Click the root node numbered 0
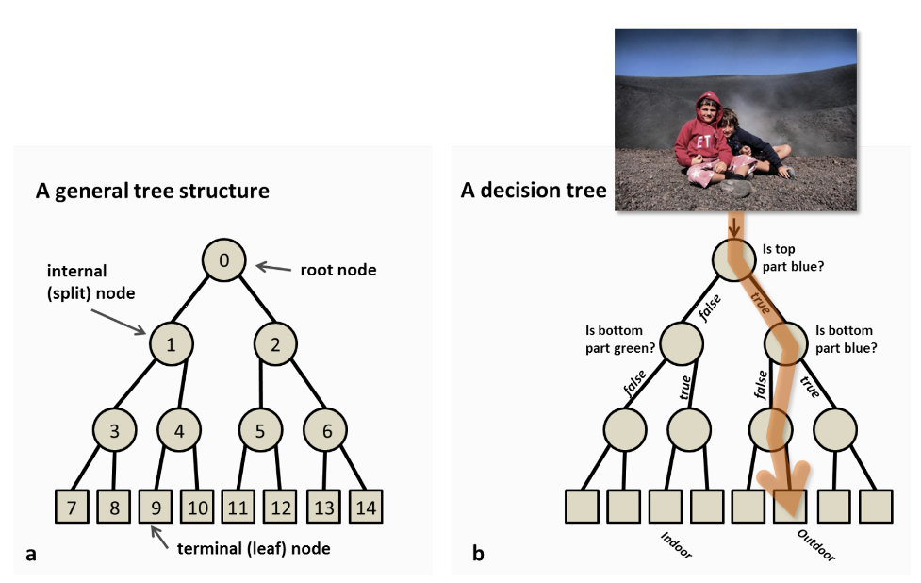(x=223, y=259)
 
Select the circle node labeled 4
(x=179, y=430)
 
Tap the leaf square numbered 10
(x=197, y=507)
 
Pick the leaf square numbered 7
(x=72, y=507)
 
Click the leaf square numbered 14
(x=366, y=507)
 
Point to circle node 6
(x=325, y=430)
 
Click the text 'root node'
(x=338, y=270)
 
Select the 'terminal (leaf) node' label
(x=254, y=548)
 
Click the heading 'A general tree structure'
(x=153, y=191)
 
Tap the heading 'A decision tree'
(x=534, y=191)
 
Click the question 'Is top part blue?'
(x=793, y=258)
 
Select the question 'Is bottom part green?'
(x=619, y=339)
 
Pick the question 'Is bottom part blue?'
(x=846, y=339)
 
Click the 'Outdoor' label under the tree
(x=815, y=545)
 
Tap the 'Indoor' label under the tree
(x=676, y=545)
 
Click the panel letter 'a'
(x=31, y=554)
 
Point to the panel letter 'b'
(x=478, y=553)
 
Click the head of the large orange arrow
(x=786, y=489)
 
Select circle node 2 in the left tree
(x=275, y=343)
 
